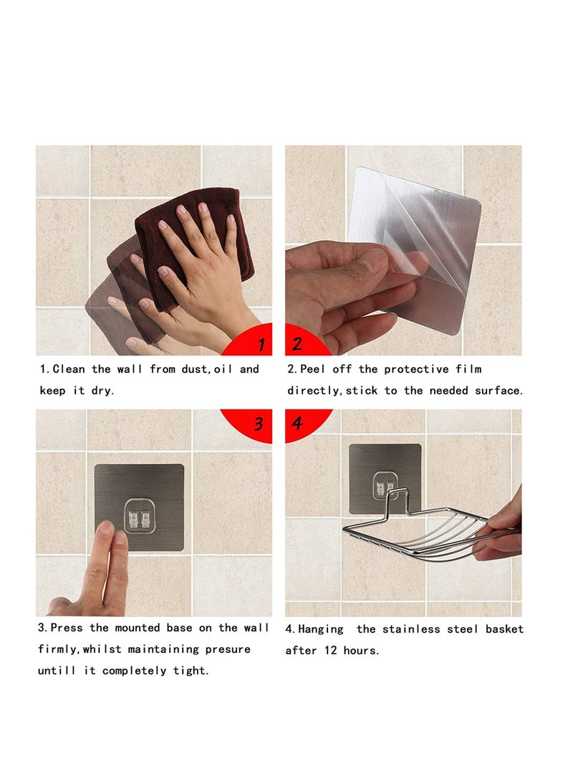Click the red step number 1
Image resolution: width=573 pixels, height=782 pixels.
(261, 345)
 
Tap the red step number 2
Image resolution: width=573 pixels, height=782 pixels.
(297, 344)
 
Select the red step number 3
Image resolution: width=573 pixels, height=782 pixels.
(259, 424)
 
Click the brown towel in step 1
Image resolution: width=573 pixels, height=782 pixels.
(193, 237)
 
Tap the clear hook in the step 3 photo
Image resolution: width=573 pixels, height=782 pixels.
(140, 517)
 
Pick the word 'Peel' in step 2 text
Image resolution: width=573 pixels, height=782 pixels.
(312, 369)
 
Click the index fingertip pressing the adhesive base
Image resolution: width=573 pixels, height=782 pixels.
(105, 530)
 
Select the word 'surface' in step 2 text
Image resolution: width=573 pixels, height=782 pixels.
(496, 391)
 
